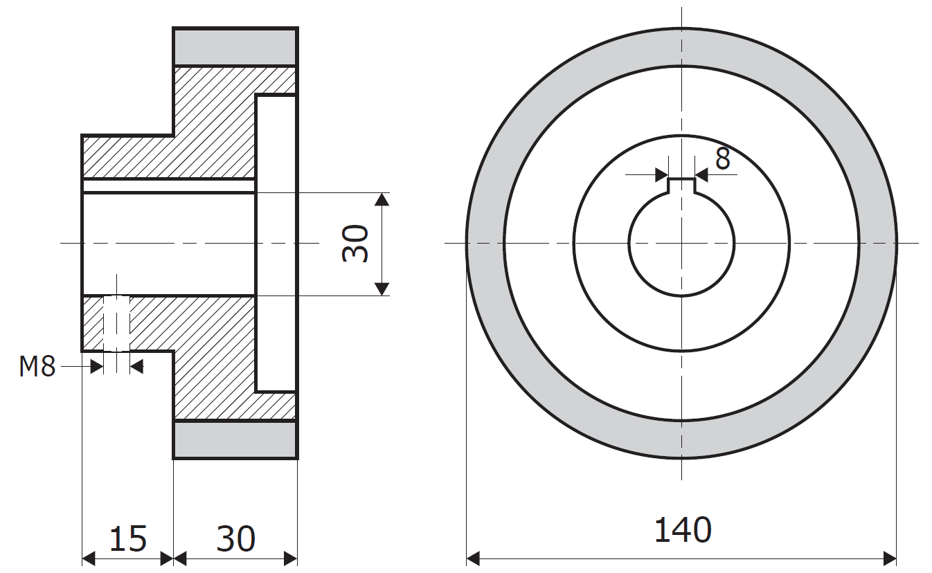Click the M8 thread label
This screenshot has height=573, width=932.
[x=37, y=366]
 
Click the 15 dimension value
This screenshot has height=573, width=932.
[x=127, y=538]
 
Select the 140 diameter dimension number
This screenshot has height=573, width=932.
[x=683, y=530]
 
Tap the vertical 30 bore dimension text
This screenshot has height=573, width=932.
[x=355, y=244]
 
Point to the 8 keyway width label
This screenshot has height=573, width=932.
[x=723, y=158]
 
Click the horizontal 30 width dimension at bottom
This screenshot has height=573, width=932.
[x=235, y=538]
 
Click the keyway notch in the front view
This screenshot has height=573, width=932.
[x=681, y=185]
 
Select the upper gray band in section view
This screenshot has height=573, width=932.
[x=235, y=47]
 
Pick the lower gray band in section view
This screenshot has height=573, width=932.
[x=235, y=440]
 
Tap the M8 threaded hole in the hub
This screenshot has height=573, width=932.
[x=116, y=323]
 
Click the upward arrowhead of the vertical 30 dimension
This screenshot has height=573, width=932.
[x=382, y=199]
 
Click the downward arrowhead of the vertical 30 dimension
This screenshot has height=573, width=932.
[x=382, y=289]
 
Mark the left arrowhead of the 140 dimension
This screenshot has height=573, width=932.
[x=473, y=558]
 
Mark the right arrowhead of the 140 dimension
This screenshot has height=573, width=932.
[x=890, y=558]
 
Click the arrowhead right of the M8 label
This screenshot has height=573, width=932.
[x=96, y=367]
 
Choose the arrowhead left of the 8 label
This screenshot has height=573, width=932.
[x=661, y=174]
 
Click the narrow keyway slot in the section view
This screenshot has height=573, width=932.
[x=169, y=185]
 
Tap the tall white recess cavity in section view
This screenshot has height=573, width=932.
[x=276, y=244]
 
